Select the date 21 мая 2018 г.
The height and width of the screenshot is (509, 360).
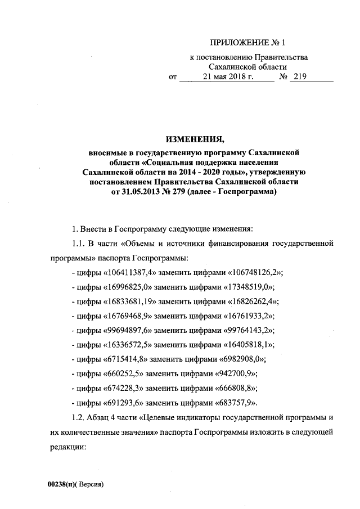[225, 78]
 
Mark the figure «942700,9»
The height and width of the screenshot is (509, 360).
[241, 375]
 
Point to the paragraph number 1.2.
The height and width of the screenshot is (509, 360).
[75, 418]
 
